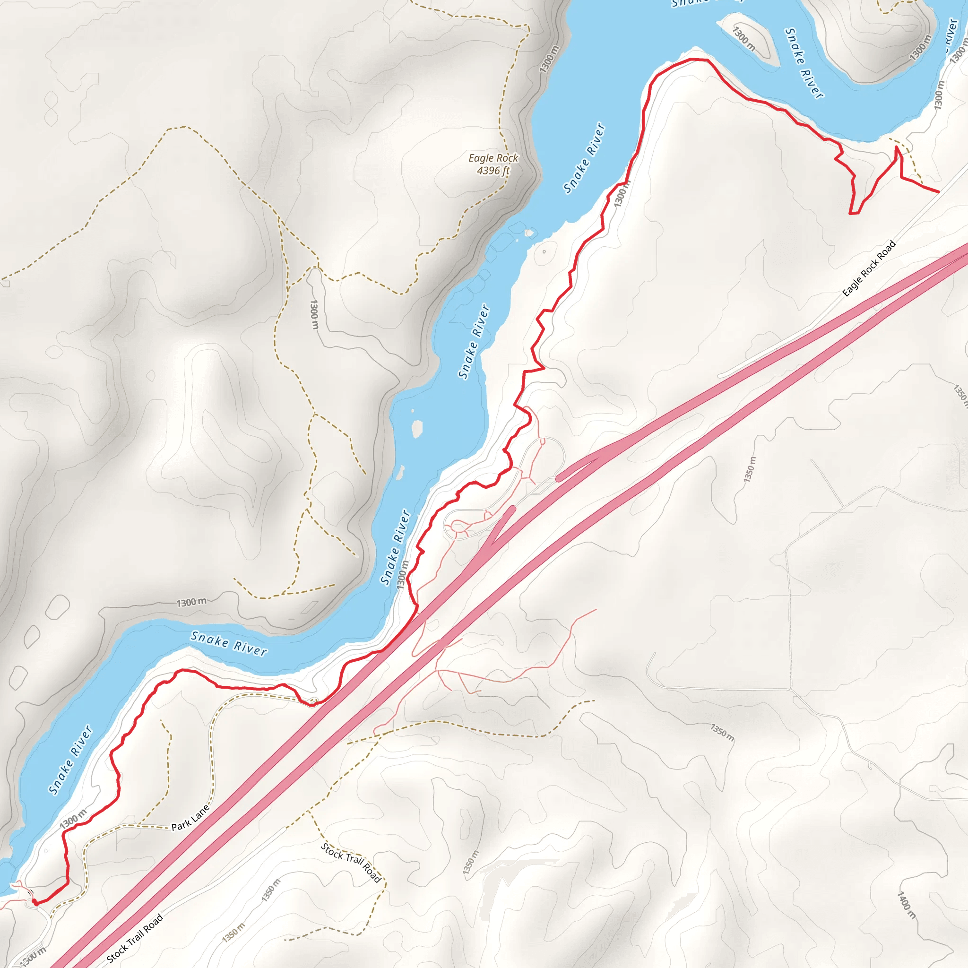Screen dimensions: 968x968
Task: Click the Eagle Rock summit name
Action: [x=493, y=158]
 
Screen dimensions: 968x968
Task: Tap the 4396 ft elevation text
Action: [x=493, y=171]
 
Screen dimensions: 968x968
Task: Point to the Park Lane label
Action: [x=190, y=818]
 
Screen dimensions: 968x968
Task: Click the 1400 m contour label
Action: [x=906, y=905]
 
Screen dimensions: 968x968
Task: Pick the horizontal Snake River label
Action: [x=229, y=644]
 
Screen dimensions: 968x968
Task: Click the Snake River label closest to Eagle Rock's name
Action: [x=584, y=158]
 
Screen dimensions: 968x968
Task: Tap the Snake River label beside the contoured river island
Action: [x=803, y=63]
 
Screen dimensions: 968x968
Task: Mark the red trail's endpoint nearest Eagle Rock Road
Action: [x=938, y=191]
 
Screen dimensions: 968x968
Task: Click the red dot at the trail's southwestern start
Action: [x=34, y=901]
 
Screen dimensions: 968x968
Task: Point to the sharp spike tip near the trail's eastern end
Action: [x=897, y=147]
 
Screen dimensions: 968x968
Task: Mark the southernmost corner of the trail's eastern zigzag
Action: [x=851, y=214]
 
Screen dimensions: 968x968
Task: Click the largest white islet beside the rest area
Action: [x=417, y=429]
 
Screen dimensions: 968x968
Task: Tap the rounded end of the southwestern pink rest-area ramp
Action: [x=512, y=509]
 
